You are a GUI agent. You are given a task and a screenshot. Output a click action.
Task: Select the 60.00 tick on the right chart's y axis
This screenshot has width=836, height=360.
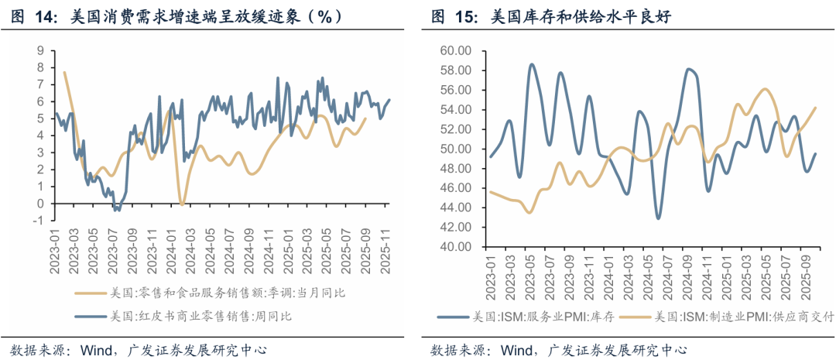[x=455, y=50]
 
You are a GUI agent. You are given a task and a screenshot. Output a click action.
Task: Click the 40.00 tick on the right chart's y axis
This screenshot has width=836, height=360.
[x=455, y=247]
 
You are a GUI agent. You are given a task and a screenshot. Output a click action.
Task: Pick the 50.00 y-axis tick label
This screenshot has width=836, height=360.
[x=455, y=149]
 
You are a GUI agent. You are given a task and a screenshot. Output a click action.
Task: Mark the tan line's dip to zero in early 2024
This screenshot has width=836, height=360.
[x=183, y=204]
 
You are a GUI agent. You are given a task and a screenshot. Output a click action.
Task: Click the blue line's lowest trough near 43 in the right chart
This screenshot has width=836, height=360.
[x=659, y=218]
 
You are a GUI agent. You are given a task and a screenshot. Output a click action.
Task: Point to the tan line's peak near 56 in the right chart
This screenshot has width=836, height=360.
[x=766, y=89]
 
